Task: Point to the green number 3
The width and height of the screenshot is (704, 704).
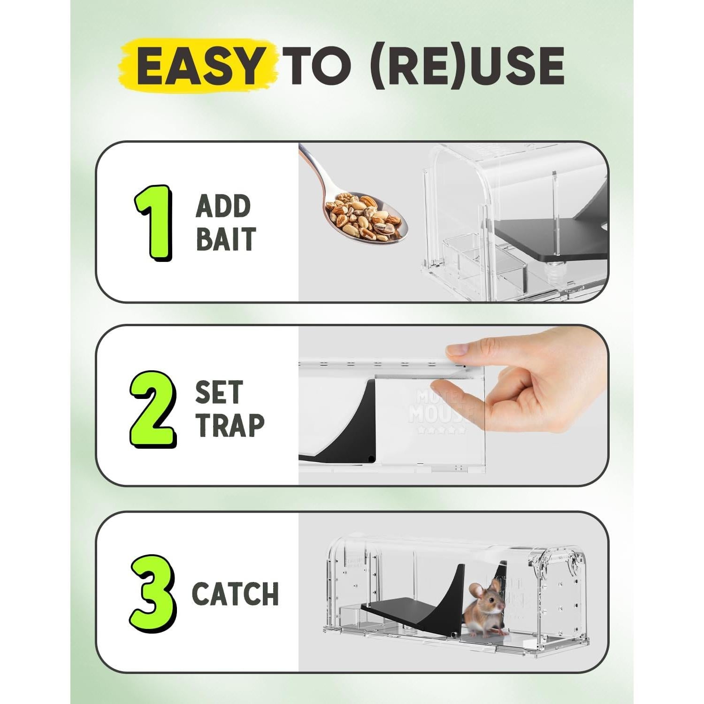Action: (x=153, y=594)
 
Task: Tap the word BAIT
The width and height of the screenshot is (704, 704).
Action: (x=226, y=238)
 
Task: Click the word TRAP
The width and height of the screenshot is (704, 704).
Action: (x=230, y=425)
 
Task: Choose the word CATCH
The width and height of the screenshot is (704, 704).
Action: (x=235, y=594)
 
